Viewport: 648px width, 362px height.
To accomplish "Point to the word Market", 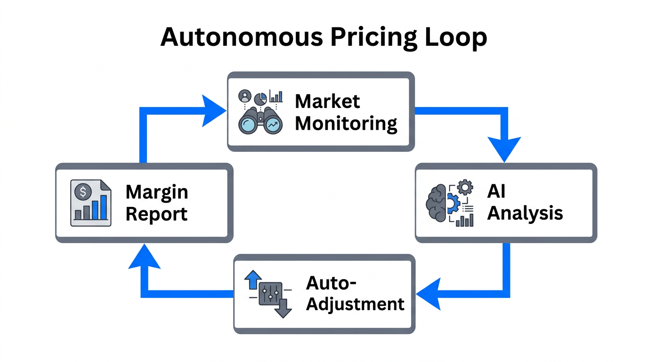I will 327,101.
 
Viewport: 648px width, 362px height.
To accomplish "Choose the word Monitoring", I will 346,124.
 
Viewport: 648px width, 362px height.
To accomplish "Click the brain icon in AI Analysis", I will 437,202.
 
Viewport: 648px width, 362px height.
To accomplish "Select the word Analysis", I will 525,213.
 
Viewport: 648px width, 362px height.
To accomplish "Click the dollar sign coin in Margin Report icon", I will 83,191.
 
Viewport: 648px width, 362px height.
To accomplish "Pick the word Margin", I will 157,192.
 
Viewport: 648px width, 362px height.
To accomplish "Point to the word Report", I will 156,214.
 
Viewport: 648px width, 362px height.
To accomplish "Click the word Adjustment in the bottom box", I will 355,304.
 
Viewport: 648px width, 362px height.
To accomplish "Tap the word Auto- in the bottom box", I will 331,282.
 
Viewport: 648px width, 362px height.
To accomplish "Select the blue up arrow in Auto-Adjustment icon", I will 252,279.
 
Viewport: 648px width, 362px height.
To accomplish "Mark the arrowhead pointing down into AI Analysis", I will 504,149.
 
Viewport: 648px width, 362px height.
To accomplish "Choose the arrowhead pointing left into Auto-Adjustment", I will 429,294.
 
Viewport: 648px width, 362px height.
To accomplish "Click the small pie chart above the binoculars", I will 260,98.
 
